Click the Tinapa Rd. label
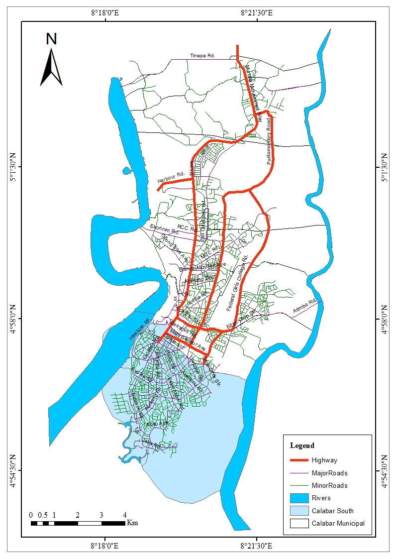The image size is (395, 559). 202,56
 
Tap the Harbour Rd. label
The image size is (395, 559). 171,177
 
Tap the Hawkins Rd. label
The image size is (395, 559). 139,330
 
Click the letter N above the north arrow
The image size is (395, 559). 51,39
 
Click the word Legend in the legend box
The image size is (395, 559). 302,445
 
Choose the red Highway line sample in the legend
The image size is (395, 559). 298,460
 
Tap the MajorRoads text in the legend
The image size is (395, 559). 329,473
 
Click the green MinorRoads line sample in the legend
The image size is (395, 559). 298,485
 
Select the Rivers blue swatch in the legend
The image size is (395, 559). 298,498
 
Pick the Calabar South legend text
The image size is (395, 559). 332,510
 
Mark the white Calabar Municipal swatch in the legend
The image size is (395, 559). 298,523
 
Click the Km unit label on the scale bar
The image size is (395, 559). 132,523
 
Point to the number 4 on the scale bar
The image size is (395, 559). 124,515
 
